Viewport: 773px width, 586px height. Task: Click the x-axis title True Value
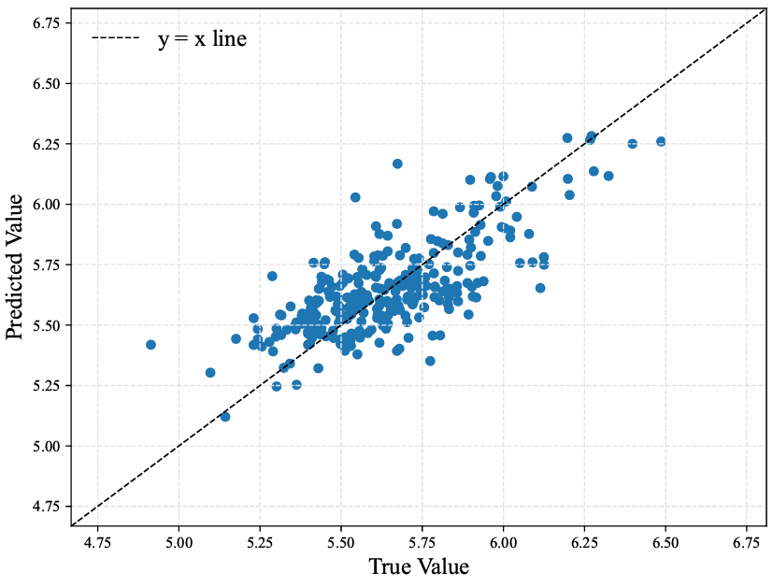pyautogui.click(x=418, y=567)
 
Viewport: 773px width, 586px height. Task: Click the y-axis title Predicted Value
pyautogui.click(x=16, y=267)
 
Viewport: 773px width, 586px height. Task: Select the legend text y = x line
pyautogui.click(x=202, y=39)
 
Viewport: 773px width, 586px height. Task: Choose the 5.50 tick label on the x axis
pyautogui.click(x=341, y=542)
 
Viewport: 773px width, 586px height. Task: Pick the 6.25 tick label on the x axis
pyautogui.click(x=585, y=542)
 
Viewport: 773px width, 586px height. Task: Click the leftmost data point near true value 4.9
pyautogui.click(x=150, y=345)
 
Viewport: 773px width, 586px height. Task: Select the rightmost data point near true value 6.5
pyautogui.click(x=661, y=141)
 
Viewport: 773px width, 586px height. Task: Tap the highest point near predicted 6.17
pyautogui.click(x=397, y=164)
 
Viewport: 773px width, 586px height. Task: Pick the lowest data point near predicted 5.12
pyautogui.click(x=224, y=417)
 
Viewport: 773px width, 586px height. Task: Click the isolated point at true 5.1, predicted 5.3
pyautogui.click(x=210, y=373)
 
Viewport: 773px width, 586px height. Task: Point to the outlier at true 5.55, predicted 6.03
pyautogui.click(x=355, y=197)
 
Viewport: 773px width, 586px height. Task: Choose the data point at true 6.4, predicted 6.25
pyautogui.click(x=632, y=144)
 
